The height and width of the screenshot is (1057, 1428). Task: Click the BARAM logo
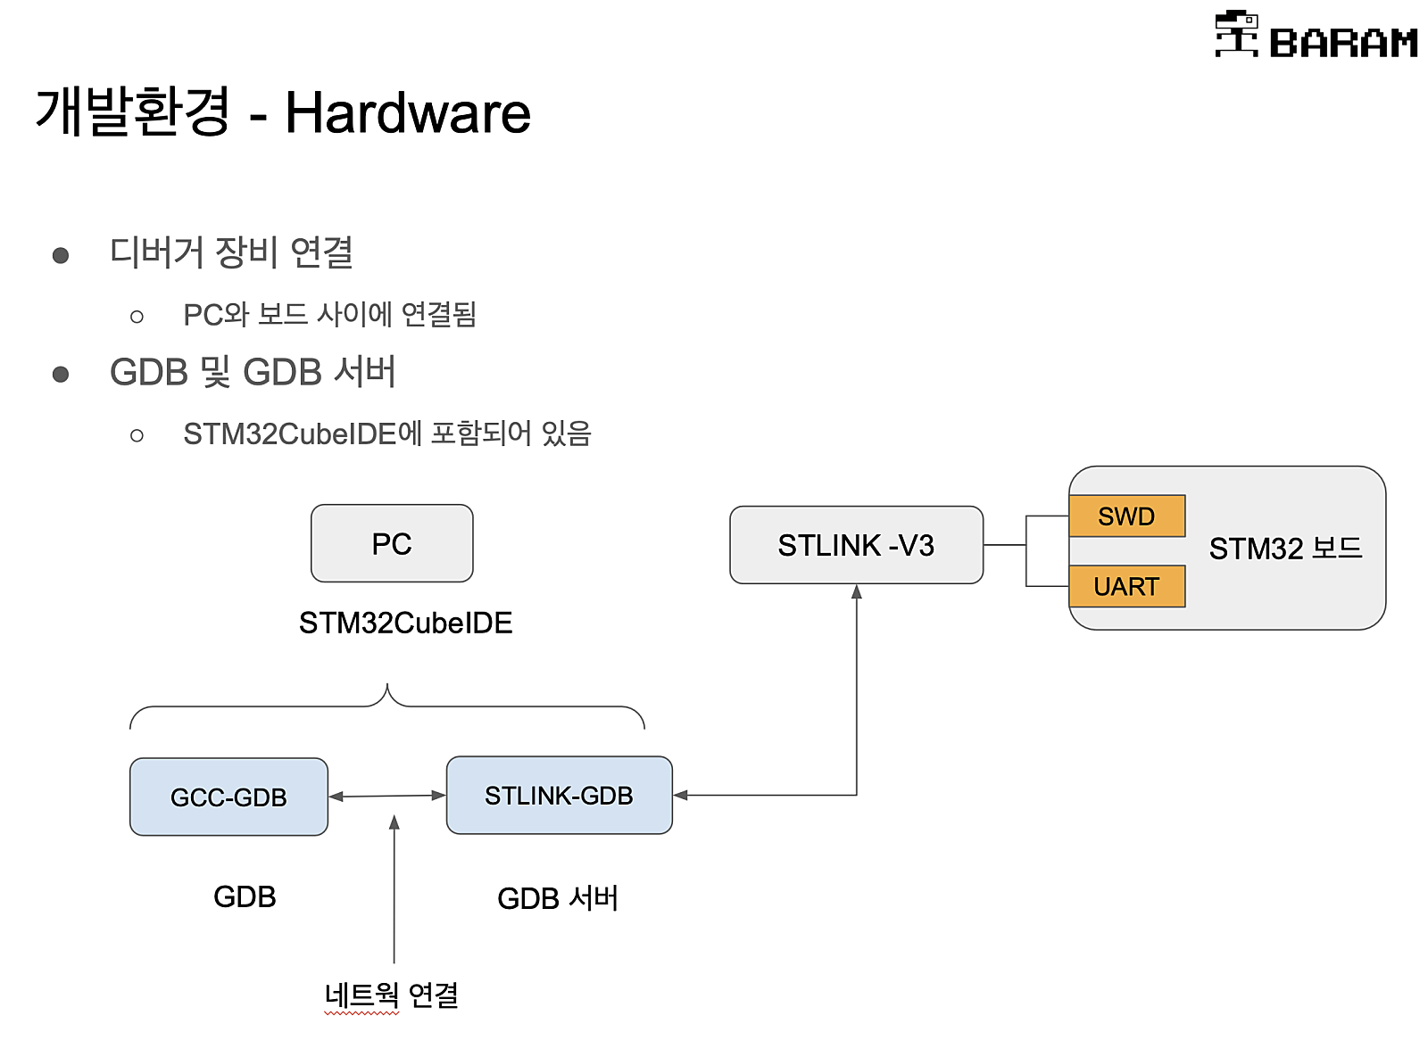pos(1316,36)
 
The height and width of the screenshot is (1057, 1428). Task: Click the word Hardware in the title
pos(407,113)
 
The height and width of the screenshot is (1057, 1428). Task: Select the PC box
pos(392,543)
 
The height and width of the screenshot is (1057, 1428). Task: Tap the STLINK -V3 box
pos(856,545)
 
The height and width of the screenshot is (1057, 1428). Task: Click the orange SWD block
pos(1126,516)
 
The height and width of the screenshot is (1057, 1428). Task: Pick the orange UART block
pos(1126,586)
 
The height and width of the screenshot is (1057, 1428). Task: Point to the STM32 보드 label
pos(1285,548)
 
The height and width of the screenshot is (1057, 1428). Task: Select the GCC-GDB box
pos(228,797)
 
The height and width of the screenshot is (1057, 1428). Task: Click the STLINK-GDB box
pos(559,795)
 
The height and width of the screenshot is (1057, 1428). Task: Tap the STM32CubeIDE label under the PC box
pos(405,623)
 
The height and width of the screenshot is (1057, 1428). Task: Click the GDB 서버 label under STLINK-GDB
pos(558,897)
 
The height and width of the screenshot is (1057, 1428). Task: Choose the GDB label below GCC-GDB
pos(245,896)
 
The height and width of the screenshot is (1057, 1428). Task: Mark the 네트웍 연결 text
pos(391,995)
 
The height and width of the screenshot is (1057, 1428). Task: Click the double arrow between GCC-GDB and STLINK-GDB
pos(387,796)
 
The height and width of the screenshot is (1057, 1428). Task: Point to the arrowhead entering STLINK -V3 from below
pos(857,592)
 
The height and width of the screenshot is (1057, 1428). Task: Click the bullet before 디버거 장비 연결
pos(61,256)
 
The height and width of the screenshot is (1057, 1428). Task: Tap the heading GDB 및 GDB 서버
pos(253,372)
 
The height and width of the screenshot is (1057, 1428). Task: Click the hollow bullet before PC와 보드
pos(137,317)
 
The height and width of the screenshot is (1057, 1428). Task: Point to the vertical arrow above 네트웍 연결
pos(394,892)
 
